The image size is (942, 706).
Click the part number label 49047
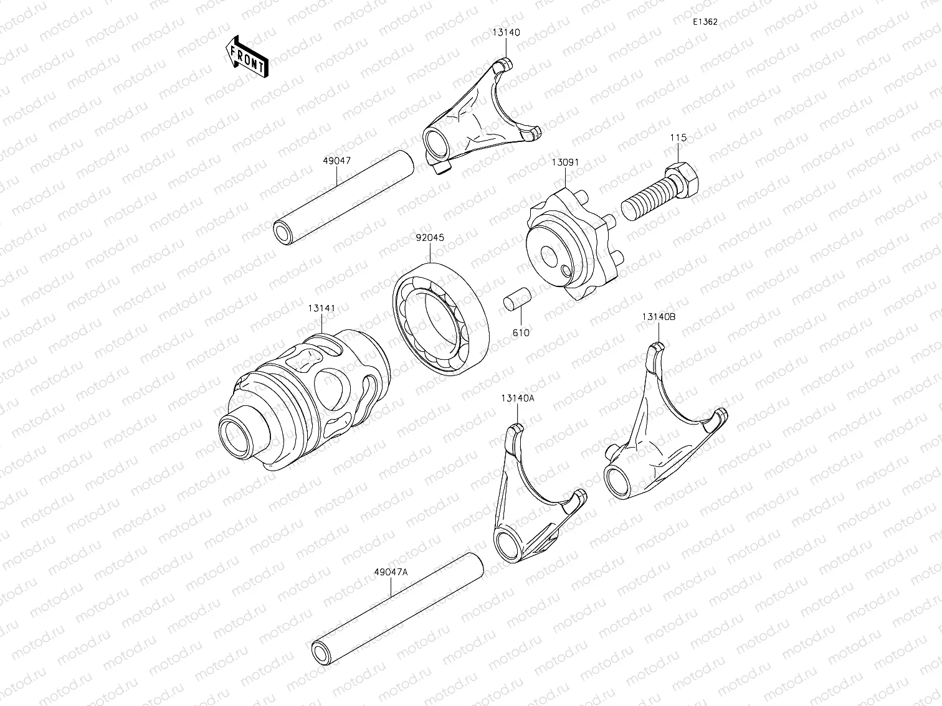[x=336, y=161]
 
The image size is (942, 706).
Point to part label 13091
[x=565, y=162]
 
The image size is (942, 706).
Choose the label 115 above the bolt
[x=678, y=138]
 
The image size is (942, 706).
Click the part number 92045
[x=430, y=237]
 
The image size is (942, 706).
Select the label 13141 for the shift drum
[x=321, y=308]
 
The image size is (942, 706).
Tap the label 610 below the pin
[x=521, y=333]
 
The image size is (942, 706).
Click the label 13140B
[x=659, y=316]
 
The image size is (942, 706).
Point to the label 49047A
[x=391, y=572]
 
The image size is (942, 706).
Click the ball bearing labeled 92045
[x=439, y=318]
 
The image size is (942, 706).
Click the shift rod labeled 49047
[x=345, y=197]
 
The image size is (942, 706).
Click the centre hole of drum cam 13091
[x=548, y=255]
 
